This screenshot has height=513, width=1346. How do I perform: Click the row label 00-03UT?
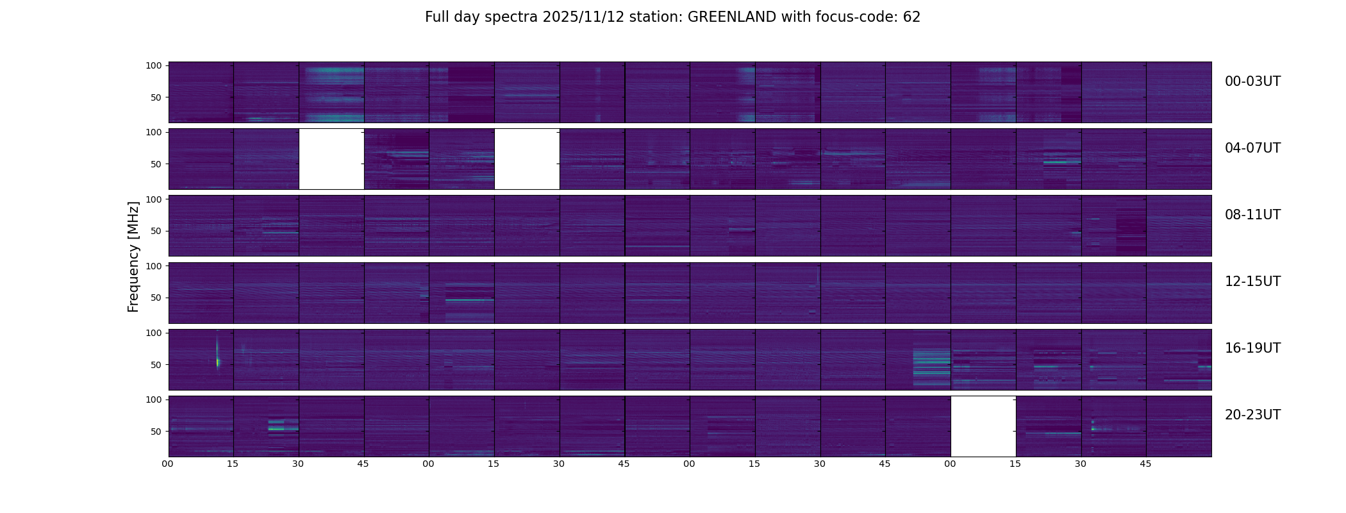[1252, 81]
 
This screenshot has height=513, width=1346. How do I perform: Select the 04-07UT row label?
[1252, 148]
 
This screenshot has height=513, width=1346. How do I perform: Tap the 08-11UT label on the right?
[1252, 215]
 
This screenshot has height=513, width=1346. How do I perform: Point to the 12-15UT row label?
[1252, 282]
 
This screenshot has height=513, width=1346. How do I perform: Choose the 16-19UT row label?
[1252, 348]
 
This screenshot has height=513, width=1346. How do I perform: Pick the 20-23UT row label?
[1252, 415]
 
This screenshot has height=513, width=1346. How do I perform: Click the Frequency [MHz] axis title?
[133, 256]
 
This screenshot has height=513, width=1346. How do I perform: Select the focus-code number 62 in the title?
[912, 17]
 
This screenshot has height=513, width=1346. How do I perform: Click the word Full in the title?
[437, 17]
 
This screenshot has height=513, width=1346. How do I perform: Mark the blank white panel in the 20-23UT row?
[983, 426]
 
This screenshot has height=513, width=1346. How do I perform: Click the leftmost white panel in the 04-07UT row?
[331, 159]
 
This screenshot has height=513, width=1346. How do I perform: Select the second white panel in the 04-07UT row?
[527, 159]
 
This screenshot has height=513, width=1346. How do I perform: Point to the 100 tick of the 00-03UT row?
[153, 65]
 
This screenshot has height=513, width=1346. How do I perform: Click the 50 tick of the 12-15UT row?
[156, 298]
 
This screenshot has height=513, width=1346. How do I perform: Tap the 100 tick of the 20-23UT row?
[153, 399]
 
